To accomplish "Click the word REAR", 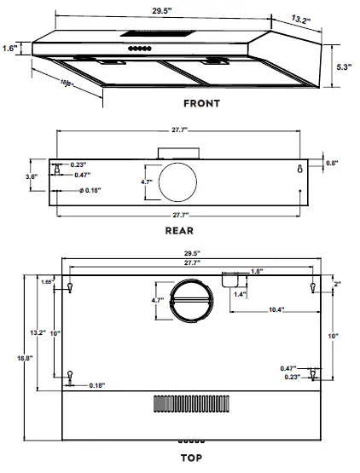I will tap(178, 230).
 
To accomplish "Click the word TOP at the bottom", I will tap(191, 458).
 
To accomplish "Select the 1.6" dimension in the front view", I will tap(10, 49).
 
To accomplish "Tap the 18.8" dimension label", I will tap(9, 360).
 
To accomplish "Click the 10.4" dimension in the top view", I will tap(274, 309).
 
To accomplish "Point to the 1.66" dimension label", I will tap(47, 281).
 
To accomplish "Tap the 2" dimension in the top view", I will tap(338, 284).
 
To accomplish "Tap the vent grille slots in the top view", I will tap(191, 403).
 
